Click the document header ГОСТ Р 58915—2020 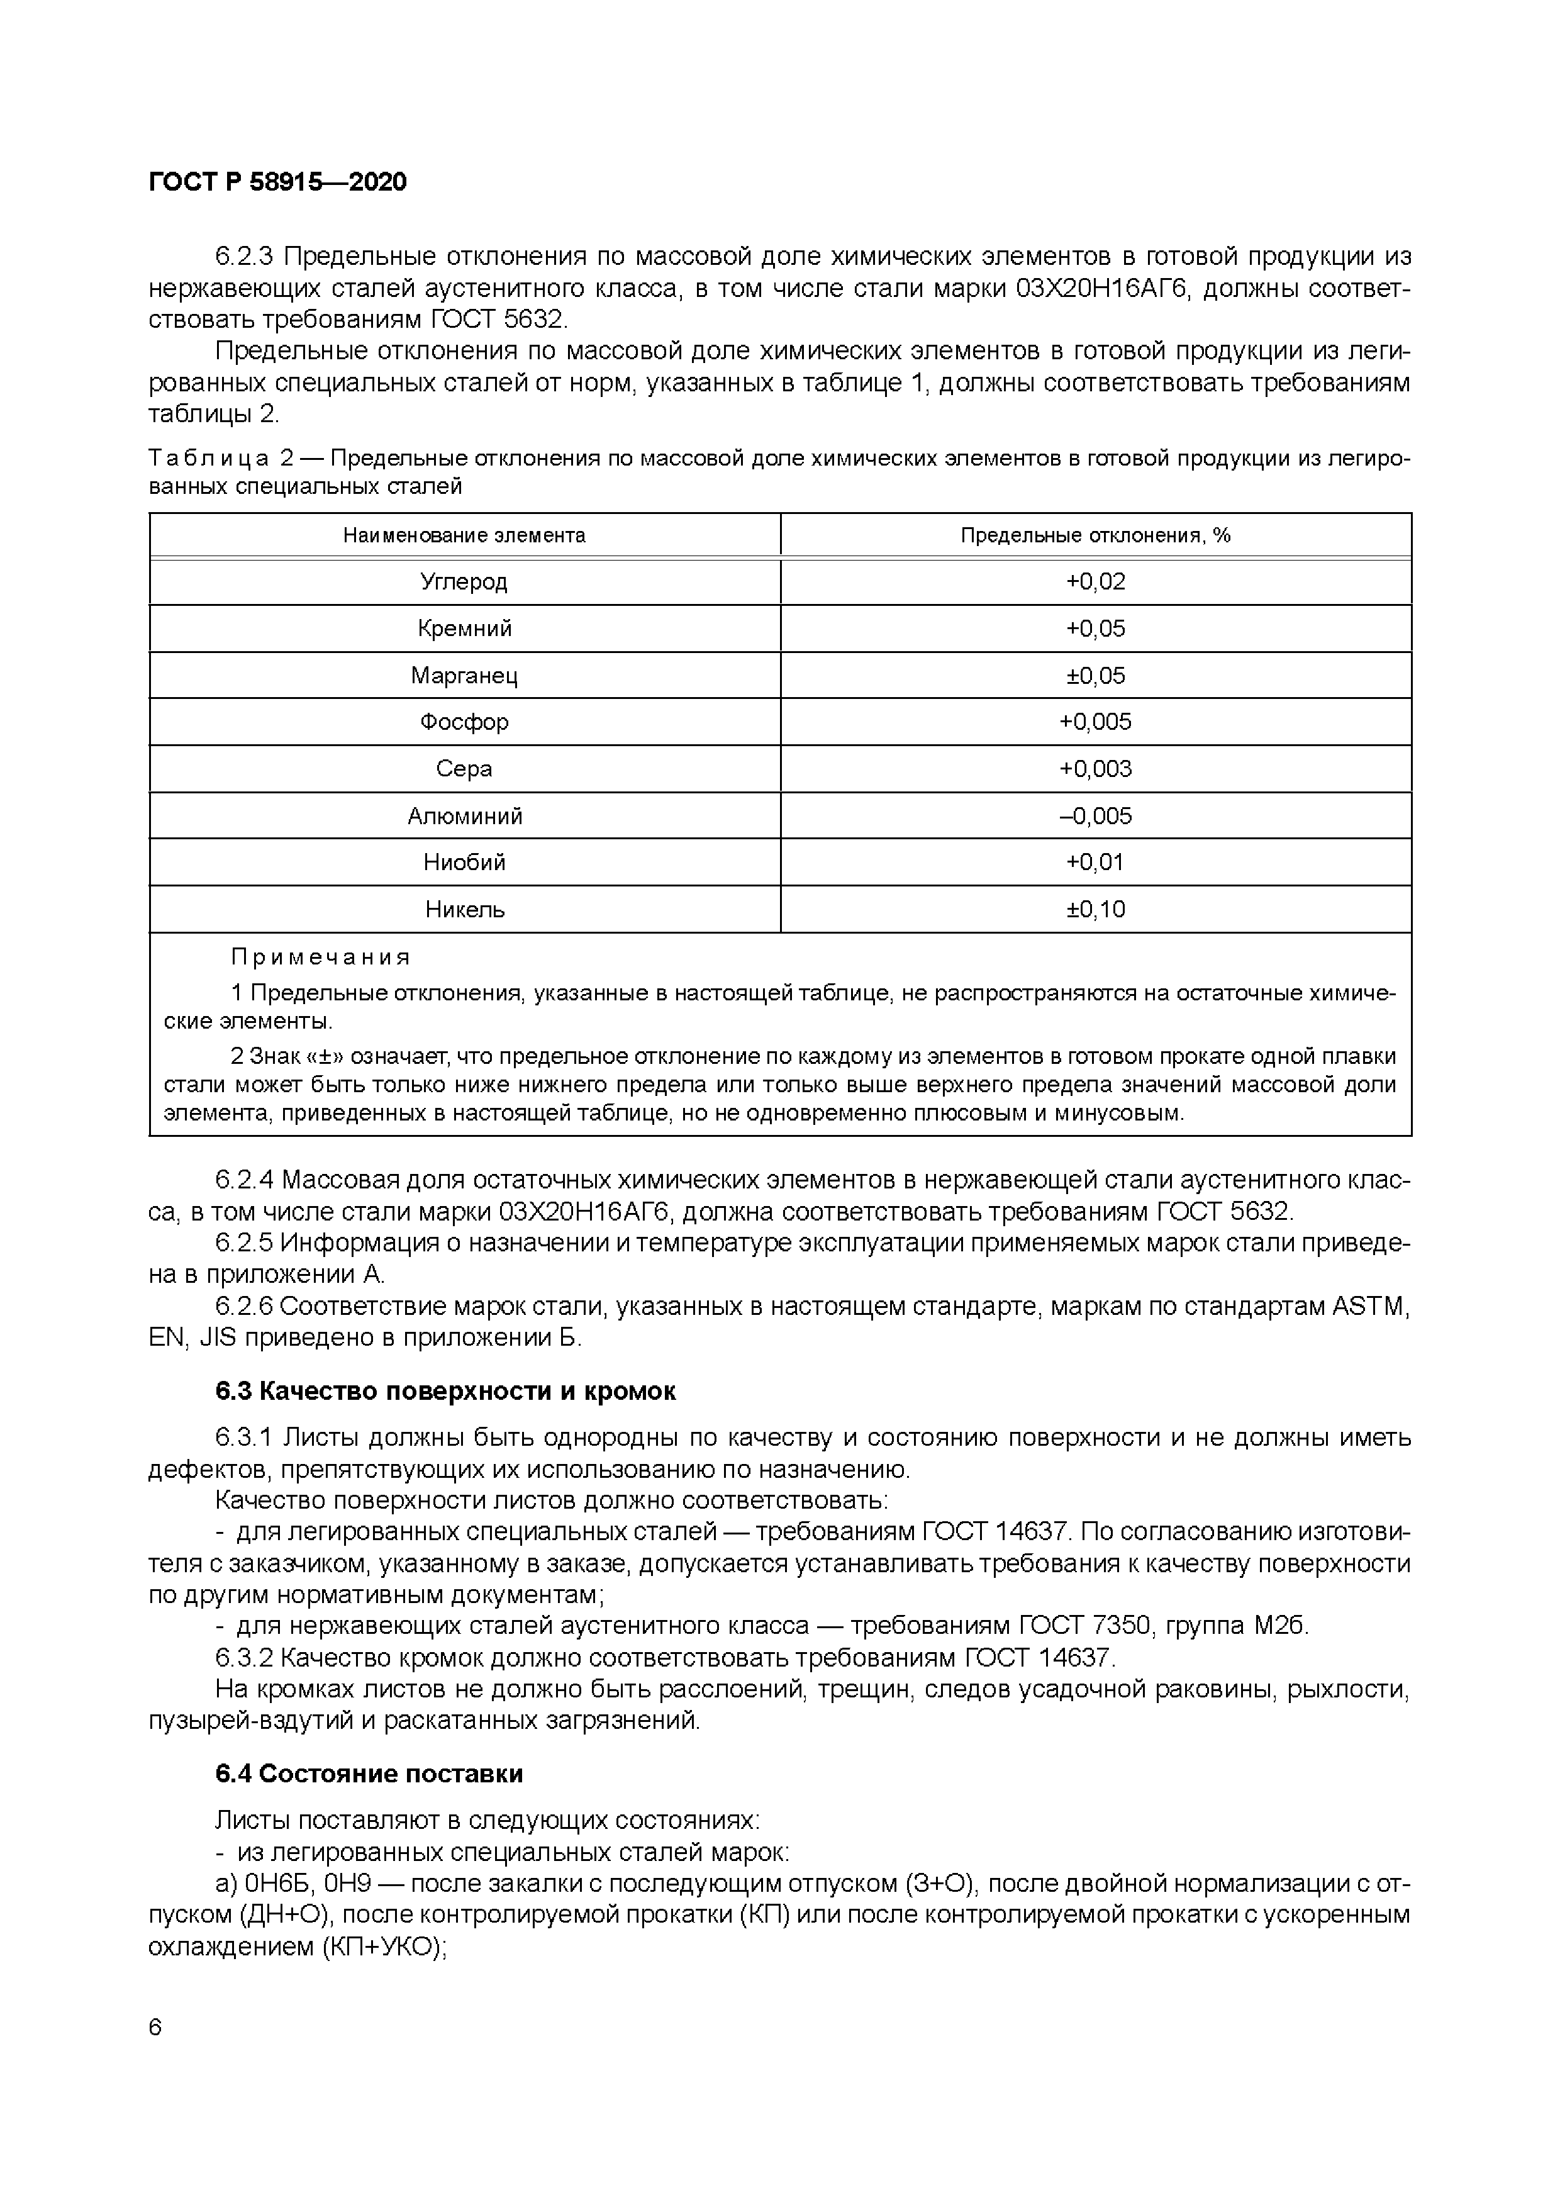click(278, 182)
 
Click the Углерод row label click(464, 581)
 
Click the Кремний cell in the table click(464, 629)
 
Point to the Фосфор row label click(464, 722)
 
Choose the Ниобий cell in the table click(464, 863)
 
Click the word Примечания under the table click(320, 958)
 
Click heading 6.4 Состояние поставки click(369, 1774)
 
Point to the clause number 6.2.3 click(245, 257)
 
